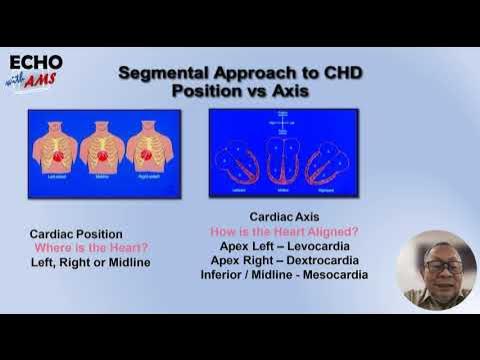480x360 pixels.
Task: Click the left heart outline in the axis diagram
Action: (x=241, y=160)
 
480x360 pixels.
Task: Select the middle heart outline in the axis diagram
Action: (x=283, y=160)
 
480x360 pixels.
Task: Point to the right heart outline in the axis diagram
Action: (x=327, y=160)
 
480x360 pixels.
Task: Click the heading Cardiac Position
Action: (x=76, y=234)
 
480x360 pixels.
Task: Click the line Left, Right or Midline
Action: (x=89, y=262)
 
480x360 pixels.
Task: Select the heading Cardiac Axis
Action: (x=285, y=217)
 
